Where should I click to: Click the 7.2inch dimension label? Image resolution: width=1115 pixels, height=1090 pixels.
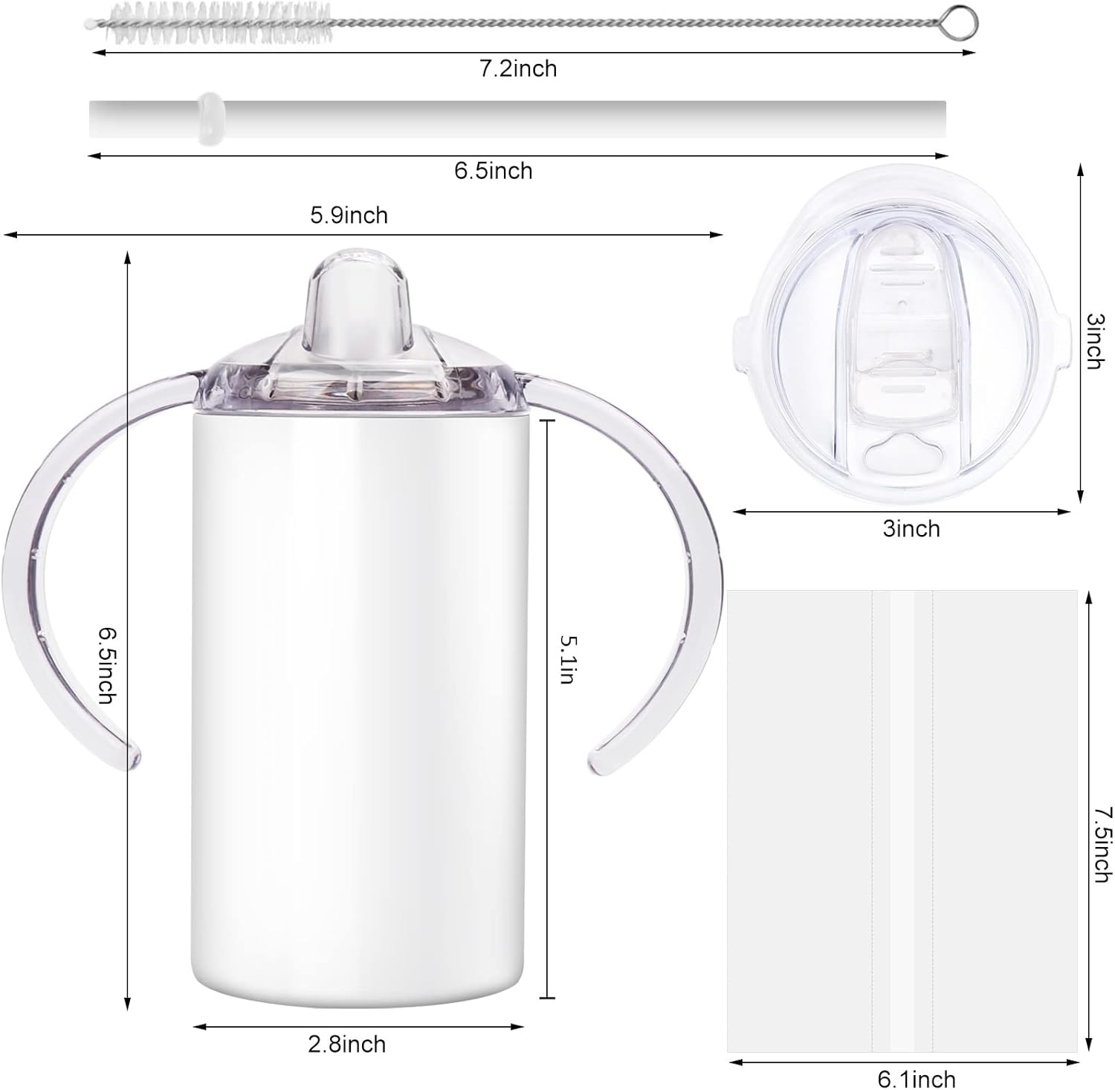point(517,69)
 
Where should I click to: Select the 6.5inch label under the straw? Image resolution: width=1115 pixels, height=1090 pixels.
point(494,171)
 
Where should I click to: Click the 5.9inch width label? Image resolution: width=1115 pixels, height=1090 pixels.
point(349,215)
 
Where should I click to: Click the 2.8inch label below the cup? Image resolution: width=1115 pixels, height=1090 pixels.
point(347,1045)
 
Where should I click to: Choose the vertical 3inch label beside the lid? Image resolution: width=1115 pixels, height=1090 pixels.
point(1094,341)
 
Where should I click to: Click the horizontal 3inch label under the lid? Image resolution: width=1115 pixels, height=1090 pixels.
point(911,529)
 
